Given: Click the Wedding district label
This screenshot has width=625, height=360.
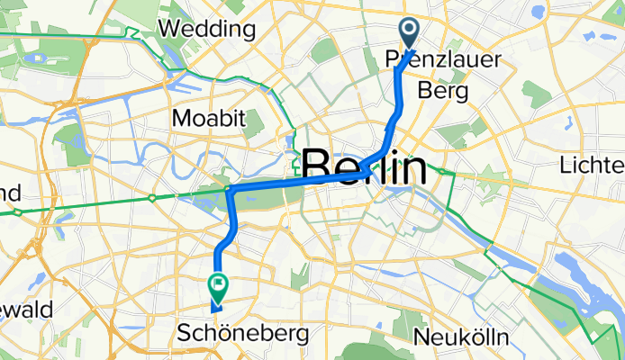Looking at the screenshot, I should pos(205,29).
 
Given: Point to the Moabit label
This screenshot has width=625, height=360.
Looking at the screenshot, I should pos(202,118).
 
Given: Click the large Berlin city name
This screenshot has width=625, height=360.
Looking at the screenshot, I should pos(363,167).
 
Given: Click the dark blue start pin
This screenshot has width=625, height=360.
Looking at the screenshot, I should pos(409,33).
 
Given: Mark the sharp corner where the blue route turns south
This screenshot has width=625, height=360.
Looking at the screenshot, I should pos(231,190).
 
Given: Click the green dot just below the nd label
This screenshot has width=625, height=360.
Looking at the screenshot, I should pos(15,212).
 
